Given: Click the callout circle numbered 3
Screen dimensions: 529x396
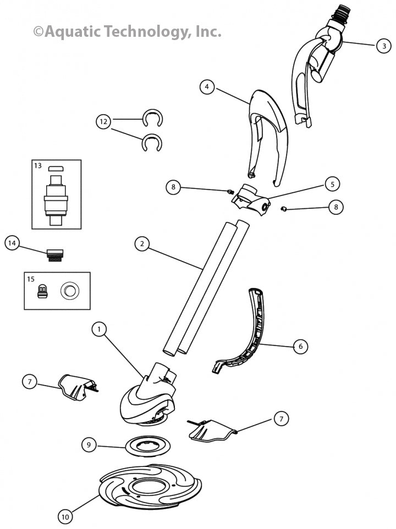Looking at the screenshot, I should coord(384,46).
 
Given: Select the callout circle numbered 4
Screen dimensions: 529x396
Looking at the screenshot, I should coord(207,87).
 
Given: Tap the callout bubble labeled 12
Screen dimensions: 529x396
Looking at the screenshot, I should coord(103,121).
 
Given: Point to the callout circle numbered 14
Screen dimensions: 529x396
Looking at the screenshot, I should coord(13,242).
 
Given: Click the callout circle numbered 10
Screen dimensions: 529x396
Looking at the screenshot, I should coord(65,516).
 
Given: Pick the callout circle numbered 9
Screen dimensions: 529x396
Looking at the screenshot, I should coord(88,444).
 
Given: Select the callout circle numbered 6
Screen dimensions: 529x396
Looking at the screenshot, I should coord(300,346).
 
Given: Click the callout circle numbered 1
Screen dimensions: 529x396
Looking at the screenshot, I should coord(99,330).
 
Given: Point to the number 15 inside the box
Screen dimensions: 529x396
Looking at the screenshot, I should coord(31,279).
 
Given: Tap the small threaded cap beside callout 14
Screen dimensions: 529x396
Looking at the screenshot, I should coord(56,255).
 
